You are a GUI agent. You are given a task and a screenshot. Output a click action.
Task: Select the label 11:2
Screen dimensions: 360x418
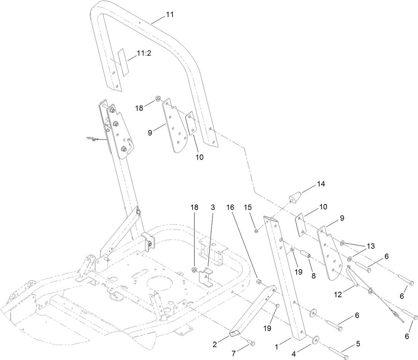144,53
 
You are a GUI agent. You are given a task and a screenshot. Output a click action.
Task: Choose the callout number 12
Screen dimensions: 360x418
338,294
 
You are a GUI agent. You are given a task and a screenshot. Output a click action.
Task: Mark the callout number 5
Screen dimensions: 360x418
358,344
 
